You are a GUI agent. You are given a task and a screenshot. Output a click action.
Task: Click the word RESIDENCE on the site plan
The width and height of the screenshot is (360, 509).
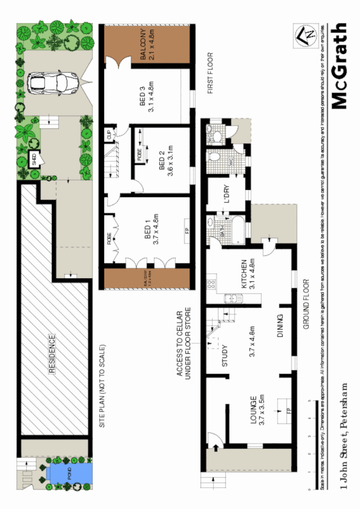point(52,354)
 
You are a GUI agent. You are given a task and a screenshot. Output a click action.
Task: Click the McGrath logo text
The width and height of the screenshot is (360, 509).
point(340,67)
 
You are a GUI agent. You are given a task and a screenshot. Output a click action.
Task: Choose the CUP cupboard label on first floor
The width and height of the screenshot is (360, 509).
point(109,135)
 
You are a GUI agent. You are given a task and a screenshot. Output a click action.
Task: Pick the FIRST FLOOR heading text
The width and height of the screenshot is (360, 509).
point(209,73)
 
